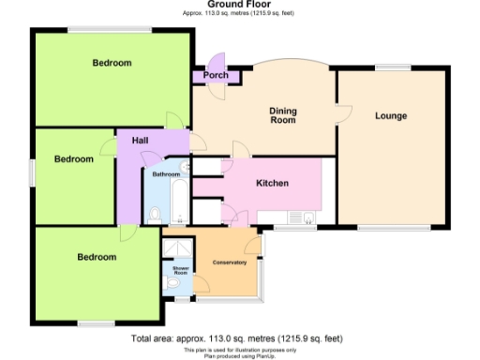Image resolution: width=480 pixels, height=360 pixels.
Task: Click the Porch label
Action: click(216, 75)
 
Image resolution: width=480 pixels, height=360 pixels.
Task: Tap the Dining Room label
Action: click(282, 115)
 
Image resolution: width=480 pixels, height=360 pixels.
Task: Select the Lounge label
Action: click(390, 116)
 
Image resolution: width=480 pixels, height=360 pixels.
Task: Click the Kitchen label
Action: click(272, 183)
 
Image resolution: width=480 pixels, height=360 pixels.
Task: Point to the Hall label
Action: click(140, 141)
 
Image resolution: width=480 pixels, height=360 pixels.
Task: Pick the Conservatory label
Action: click(230, 262)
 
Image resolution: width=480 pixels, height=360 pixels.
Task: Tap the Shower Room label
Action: click(180, 271)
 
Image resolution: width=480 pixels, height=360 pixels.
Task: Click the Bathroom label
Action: click(166, 174)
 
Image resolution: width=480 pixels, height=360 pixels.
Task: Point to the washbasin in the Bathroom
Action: click(185, 169)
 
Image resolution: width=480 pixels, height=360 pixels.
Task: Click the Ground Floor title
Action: click(239, 5)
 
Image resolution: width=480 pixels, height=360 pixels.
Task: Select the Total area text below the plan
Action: click(237, 338)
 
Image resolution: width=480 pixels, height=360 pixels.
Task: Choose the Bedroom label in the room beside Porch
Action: click(112, 63)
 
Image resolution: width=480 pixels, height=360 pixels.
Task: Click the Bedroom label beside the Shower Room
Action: click(97, 257)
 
